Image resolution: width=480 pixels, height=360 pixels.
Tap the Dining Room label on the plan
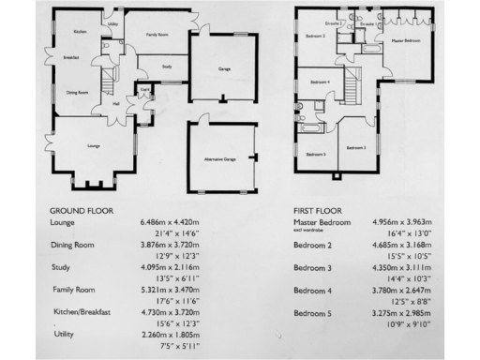[x=77, y=93]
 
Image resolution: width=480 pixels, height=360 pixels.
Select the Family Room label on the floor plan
[x=157, y=33]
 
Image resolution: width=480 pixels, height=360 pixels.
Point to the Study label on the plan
[x=166, y=67]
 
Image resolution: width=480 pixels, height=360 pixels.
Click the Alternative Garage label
[x=219, y=160]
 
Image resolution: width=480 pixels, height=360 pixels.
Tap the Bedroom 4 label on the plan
[x=321, y=82]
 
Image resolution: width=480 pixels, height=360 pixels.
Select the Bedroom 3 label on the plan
[x=354, y=148]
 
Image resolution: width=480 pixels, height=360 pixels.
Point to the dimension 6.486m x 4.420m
[x=171, y=223]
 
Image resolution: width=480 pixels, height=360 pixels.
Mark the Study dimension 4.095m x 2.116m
[x=171, y=267]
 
